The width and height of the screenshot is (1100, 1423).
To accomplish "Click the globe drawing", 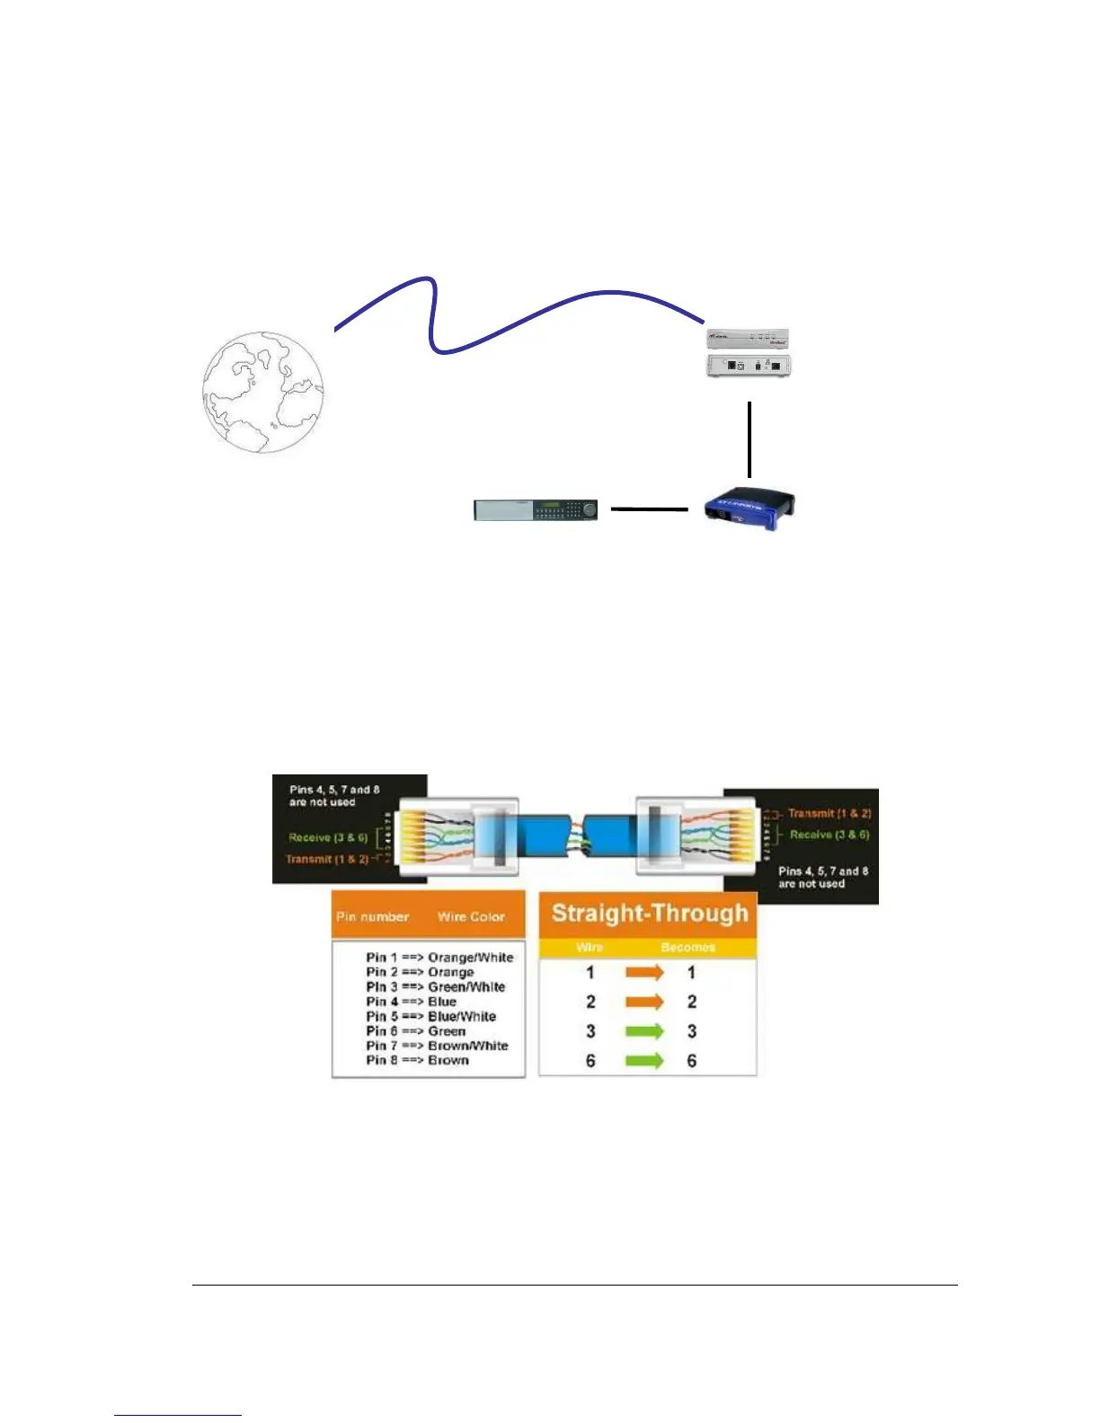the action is pyautogui.click(x=262, y=392).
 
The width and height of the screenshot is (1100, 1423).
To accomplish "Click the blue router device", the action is pyautogui.click(x=750, y=509).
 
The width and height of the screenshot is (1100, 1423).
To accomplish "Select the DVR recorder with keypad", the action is pyautogui.click(x=536, y=509).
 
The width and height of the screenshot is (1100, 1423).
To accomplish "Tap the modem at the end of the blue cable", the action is pyautogui.click(x=749, y=352).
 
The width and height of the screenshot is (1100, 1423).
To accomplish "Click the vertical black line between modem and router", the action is pyautogui.click(x=749, y=439).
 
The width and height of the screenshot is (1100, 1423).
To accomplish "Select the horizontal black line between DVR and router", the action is pyautogui.click(x=649, y=509).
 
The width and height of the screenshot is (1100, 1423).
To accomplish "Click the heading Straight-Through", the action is pyautogui.click(x=649, y=914).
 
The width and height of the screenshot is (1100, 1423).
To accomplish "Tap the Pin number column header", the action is pyautogui.click(x=372, y=917).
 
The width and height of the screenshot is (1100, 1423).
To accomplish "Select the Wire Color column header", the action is pyautogui.click(x=471, y=917).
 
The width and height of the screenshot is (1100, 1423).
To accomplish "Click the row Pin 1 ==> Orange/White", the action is pyautogui.click(x=439, y=958).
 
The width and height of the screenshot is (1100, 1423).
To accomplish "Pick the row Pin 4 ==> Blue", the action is pyautogui.click(x=411, y=1002).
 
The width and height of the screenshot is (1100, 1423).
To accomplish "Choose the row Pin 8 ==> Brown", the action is pyautogui.click(x=417, y=1060).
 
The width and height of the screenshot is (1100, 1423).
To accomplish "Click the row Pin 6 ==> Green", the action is pyautogui.click(x=415, y=1031).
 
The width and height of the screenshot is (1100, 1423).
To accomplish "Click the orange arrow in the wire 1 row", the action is pyautogui.click(x=644, y=972).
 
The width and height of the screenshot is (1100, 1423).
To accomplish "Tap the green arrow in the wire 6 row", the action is pyautogui.click(x=644, y=1061).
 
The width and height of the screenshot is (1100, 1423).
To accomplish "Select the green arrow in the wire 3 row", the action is pyautogui.click(x=644, y=1031).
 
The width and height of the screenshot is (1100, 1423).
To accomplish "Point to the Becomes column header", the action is pyautogui.click(x=687, y=948).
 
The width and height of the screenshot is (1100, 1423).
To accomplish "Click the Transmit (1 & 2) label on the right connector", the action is pyautogui.click(x=829, y=813).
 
